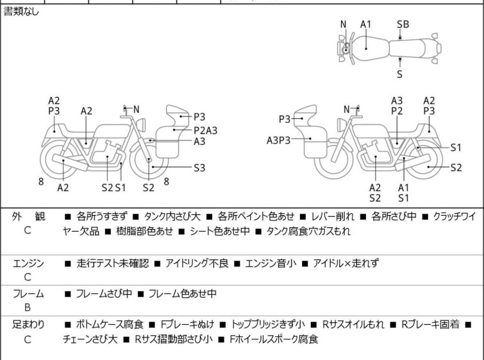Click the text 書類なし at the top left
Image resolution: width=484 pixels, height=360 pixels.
pyautogui.click(x=21, y=12)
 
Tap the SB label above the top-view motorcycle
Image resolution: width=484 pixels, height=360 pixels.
pyautogui.click(x=403, y=24)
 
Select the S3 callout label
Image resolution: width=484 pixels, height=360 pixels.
pyautogui.click(x=199, y=168)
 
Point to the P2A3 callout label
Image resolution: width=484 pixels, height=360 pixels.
pyautogui.click(x=205, y=130)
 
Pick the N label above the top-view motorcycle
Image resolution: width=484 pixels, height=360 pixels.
pyautogui.click(x=344, y=24)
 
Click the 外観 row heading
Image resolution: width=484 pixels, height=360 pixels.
pyautogui.click(x=28, y=217)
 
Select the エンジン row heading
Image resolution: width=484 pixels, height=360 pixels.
pyautogui.click(x=28, y=262)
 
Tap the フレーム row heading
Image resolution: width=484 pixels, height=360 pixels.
pyautogui.click(x=28, y=293)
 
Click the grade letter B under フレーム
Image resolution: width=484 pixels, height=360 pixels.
pyautogui.click(x=28, y=307)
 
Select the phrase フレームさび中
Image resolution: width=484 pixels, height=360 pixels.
pyautogui.click(x=104, y=293)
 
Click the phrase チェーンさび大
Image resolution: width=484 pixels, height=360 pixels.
pyautogui.click(x=90, y=339)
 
